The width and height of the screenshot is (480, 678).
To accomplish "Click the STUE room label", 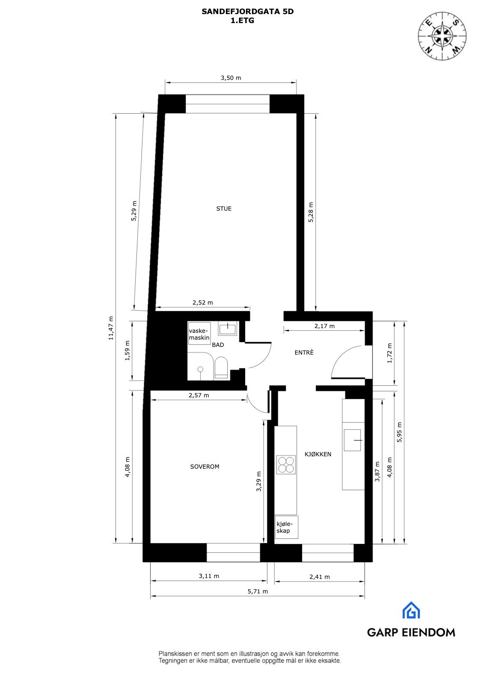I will click(x=224, y=208).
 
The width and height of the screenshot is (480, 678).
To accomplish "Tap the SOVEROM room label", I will click(x=204, y=467).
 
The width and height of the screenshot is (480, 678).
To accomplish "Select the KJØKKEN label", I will click(x=317, y=454).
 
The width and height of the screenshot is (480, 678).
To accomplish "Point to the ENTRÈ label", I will click(x=304, y=352).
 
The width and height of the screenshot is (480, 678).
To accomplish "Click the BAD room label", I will click(x=218, y=345).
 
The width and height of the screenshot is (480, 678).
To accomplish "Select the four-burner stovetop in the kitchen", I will click(x=286, y=465).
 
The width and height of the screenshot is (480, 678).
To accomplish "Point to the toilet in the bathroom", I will click(x=221, y=367).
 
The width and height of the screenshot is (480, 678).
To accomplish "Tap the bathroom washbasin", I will click(x=227, y=329).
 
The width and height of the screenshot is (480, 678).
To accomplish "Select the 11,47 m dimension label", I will click(x=111, y=328).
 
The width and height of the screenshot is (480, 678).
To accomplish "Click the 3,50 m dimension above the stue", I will click(x=231, y=78).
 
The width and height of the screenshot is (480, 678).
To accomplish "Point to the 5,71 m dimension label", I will click(x=258, y=591).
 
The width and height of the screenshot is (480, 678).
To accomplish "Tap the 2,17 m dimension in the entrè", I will click(x=324, y=326).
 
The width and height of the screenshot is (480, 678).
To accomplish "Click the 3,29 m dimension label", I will click(x=258, y=481).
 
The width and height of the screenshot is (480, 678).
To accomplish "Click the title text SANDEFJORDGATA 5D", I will click(x=247, y=12).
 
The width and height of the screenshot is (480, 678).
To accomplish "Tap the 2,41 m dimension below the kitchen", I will click(x=320, y=577).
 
